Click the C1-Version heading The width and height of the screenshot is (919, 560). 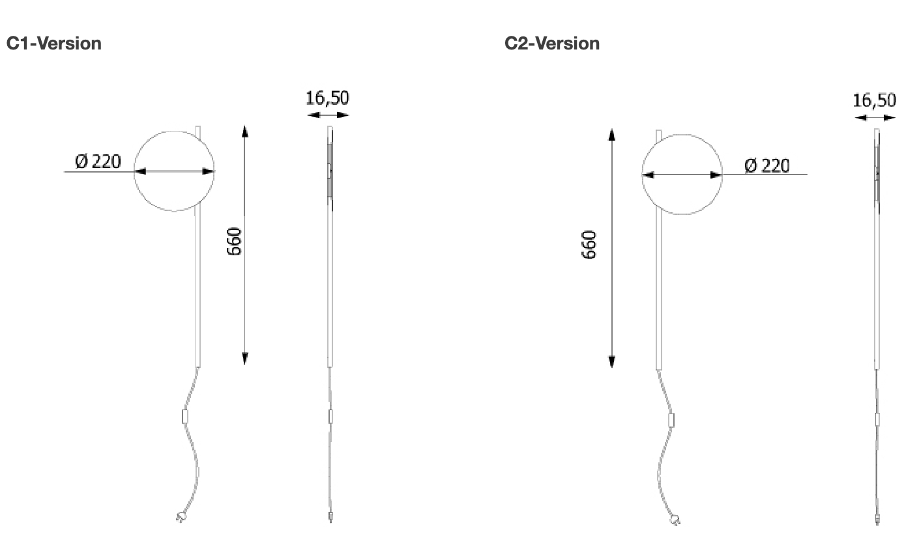coord(53,44)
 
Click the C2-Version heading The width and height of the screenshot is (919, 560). coord(552,44)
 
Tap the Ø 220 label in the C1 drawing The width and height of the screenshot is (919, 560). coord(98,161)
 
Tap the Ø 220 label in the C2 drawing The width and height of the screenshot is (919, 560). coord(766,165)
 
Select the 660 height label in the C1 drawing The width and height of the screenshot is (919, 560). coord(234,242)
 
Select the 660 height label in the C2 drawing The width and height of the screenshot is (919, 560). coord(589,245)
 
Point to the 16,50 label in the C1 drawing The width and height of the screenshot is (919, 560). coord(327,98)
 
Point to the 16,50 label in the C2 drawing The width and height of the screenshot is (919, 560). coord(874,100)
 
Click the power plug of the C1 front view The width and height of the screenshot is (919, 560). coord(181,518)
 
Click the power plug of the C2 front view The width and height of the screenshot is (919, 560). coord(675,520)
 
